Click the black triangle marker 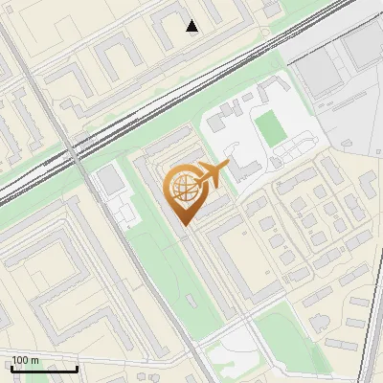click(x=192, y=26)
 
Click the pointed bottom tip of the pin click(x=183, y=225)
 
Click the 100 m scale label click(x=25, y=360)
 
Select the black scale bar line click(x=44, y=369)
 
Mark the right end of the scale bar click(x=78, y=369)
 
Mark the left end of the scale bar click(x=11, y=369)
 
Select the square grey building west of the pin click(x=113, y=179)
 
